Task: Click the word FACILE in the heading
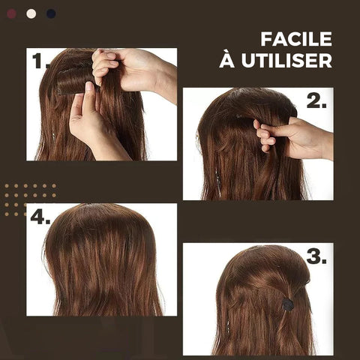(296, 39)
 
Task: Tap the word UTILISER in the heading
(286, 60)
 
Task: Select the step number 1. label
(40, 61)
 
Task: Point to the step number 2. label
(316, 101)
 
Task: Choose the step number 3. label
(316, 256)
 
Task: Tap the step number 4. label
(40, 217)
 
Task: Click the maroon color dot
(12, 13)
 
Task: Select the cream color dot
(31, 13)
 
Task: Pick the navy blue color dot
(51, 13)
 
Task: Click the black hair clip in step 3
(288, 304)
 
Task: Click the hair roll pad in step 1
(73, 80)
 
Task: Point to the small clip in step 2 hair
(238, 116)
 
